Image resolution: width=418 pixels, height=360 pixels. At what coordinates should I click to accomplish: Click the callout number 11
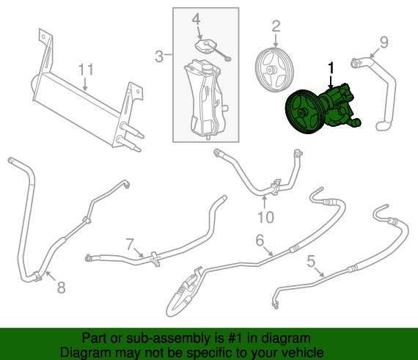[x=86, y=70]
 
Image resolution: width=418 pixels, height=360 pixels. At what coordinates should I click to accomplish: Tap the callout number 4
[x=196, y=19]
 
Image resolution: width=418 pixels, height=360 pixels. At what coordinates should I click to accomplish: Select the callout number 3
[x=159, y=56]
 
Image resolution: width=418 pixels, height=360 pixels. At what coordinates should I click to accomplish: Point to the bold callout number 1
[x=331, y=67]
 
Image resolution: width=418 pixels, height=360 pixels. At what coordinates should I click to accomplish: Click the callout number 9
[x=384, y=42]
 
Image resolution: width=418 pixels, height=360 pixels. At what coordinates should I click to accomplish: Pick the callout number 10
[x=265, y=217]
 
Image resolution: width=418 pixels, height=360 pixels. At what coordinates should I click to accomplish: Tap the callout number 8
[x=62, y=287]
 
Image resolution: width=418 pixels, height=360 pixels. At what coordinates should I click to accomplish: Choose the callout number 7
[x=130, y=245]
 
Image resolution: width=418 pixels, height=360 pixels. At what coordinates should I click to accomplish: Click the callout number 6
[x=260, y=240]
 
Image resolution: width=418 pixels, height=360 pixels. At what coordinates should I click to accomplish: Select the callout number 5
[x=311, y=261]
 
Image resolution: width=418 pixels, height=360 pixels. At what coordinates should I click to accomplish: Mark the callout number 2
[x=276, y=26]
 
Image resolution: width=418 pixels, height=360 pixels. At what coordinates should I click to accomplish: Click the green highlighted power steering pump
[x=323, y=109]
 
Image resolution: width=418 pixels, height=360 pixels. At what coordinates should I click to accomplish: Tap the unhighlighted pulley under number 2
[x=274, y=70]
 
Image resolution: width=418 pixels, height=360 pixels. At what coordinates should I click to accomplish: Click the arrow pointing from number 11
[x=85, y=84]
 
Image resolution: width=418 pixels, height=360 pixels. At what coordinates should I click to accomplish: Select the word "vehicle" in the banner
[x=302, y=353]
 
